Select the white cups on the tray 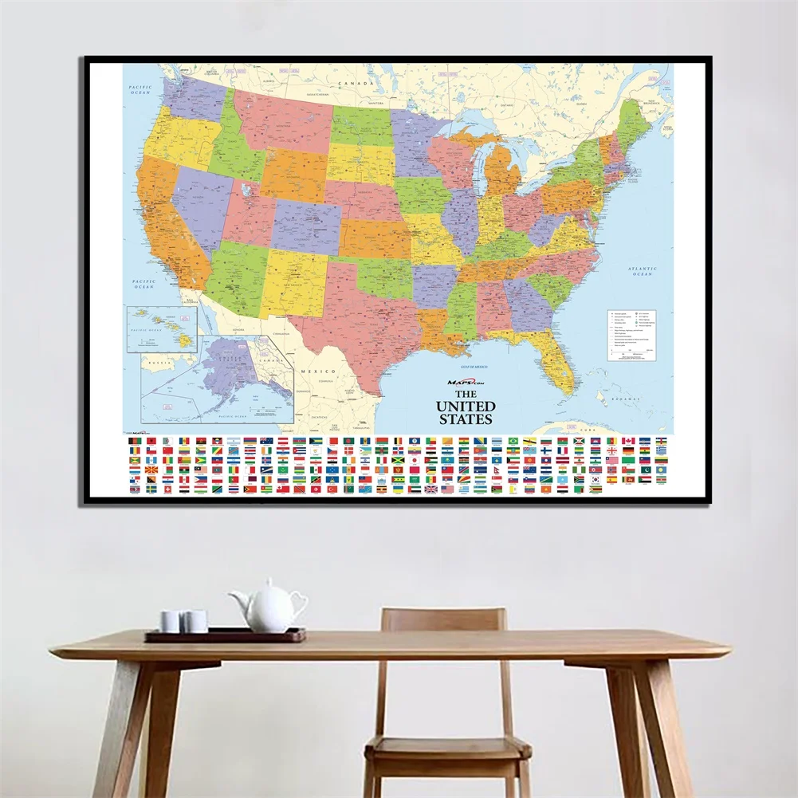tap(183, 621)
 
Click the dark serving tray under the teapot tap(224, 635)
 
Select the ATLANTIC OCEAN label tap(641, 272)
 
